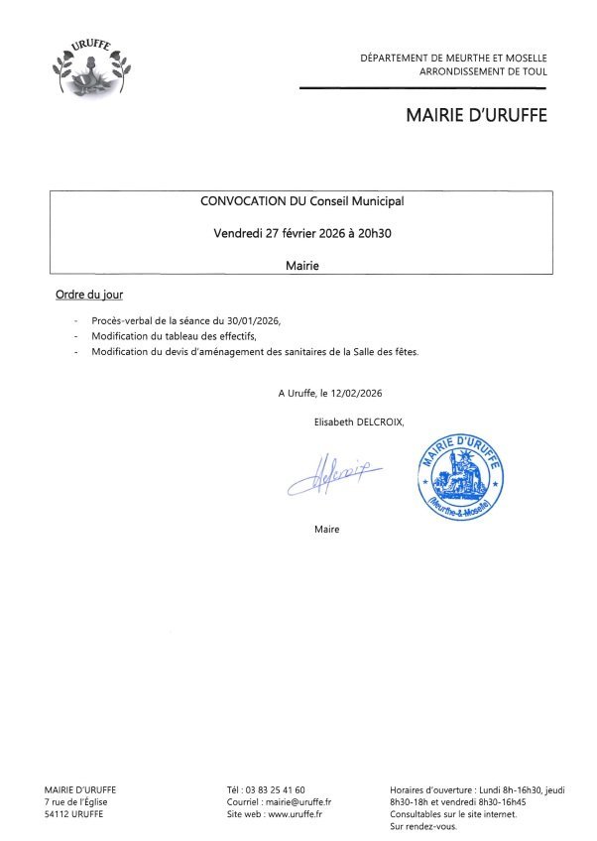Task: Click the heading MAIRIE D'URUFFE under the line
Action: pos(476,116)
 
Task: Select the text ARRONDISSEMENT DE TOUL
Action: pos(483,72)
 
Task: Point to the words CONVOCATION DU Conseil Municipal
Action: pos(301,200)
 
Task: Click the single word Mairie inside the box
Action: pos(301,266)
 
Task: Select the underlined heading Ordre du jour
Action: pos(89,296)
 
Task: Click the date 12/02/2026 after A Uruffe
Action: pos(353,393)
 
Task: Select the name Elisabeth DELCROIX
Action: pos(359,420)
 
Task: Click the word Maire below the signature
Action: pos(326,529)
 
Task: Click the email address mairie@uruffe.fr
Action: pos(298,801)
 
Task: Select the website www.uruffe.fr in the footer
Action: pos(295,814)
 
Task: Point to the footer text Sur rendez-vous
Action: pos(423,826)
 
